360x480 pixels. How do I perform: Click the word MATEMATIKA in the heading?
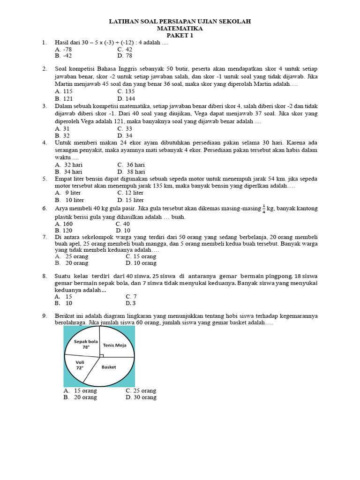(180, 29)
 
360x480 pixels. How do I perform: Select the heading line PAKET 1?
(180, 36)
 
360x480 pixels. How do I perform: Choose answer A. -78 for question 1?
(63, 49)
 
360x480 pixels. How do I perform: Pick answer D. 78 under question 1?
(125, 56)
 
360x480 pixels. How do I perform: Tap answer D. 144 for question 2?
(126, 99)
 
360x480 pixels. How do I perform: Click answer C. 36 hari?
(131, 165)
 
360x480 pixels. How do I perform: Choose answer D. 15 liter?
(130, 200)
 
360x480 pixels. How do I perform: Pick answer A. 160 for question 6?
(64, 224)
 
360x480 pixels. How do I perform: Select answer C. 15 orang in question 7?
(141, 256)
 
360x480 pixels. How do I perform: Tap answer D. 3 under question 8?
(131, 303)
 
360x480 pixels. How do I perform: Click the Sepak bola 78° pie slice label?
(86, 344)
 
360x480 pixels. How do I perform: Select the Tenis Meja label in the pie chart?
(115, 345)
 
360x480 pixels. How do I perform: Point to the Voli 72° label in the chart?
(80, 365)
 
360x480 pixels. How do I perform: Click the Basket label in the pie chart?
(109, 367)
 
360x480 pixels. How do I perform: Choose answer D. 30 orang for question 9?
(141, 397)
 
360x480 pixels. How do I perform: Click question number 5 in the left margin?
(45, 179)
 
